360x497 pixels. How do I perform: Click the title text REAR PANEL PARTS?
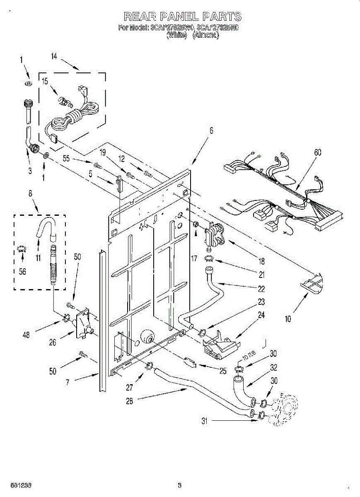(182, 17)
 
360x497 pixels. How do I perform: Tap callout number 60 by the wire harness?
(317, 152)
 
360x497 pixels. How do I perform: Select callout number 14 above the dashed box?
(54, 57)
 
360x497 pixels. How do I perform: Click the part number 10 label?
(288, 318)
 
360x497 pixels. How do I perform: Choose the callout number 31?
(204, 421)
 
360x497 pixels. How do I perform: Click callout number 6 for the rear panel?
(211, 130)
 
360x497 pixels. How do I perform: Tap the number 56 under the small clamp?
(22, 271)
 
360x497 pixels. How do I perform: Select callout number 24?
(261, 315)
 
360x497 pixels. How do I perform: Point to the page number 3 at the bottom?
(179, 485)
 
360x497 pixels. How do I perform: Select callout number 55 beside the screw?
(66, 158)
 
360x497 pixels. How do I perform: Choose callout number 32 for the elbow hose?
(273, 367)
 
